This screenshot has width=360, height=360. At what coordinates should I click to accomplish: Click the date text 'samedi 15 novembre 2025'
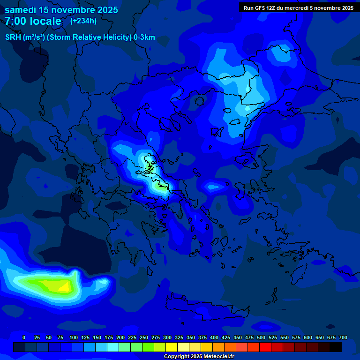pyautogui.click(x=61, y=10)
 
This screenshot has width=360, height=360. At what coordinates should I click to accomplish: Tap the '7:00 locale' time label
pyautogui.click(x=33, y=21)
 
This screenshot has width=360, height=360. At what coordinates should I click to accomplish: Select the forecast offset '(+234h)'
pyautogui.click(x=83, y=21)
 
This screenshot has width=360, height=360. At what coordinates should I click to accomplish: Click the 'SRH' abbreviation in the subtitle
pyautogui.click(x=13, y=37)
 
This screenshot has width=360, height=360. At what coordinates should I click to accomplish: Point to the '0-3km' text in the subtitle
pyautogui.click(x=144, y=37)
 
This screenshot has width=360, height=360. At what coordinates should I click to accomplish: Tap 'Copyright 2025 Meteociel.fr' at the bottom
pyautogui.click(x=199, y=356)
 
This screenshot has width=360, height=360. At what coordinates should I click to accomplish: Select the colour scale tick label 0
pyautogui.click(x=24, y=337)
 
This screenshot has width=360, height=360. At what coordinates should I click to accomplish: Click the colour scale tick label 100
pyautogui.click(x=74, y=337)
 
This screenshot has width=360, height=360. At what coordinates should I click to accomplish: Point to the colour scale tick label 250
pyautogui.click(x=144, y=337)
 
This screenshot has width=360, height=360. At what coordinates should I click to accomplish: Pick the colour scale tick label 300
pyautogui.click(x=167, y=337)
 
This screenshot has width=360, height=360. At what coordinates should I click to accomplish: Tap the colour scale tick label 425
pyautogui.click(x=226, y=337)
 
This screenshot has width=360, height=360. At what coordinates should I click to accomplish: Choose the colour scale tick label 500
pyautogui.click(x=261, y=337)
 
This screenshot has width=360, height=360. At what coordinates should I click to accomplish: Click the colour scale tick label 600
pyautogui.click(x=308, y=337)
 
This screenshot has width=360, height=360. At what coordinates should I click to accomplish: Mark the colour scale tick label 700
pyautogui.click(x=343, y=337)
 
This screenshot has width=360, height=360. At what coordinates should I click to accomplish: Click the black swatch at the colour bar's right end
pyautogui.click(x=336, y=347)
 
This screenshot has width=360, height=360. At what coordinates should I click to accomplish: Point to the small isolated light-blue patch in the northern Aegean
pyautogui.click(x=214, y=187)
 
